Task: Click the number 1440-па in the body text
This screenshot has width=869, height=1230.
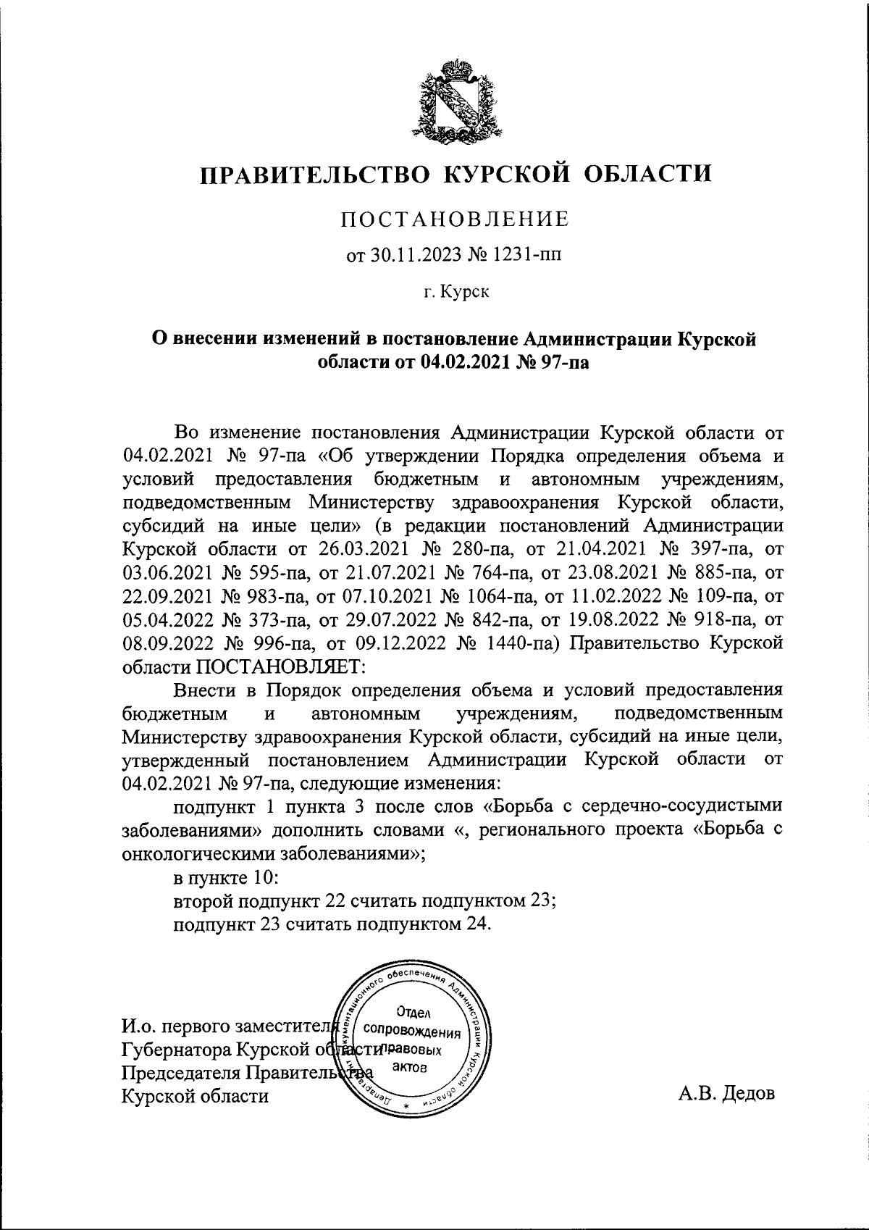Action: pyautogui.click(x=517, y=643)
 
